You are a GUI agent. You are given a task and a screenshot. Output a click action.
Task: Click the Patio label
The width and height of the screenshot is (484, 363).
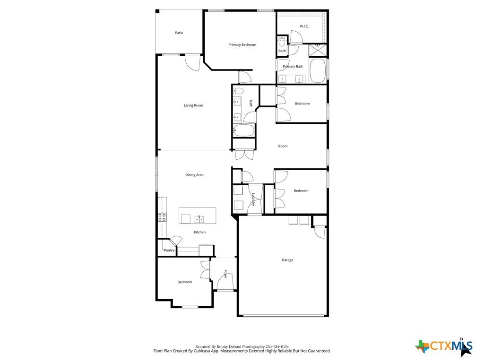pos(179,33)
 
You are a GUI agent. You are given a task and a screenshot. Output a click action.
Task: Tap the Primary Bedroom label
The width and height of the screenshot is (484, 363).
pos(242,45)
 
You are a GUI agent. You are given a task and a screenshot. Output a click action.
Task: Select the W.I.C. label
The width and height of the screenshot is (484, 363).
pos(304,26)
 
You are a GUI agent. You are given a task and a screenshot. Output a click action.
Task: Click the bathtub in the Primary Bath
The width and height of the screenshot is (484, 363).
pos(318,71)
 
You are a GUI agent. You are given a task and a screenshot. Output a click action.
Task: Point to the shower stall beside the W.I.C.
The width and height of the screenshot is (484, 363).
pos(318,50)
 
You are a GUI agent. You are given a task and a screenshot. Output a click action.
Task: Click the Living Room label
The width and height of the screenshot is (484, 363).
pos(193,105)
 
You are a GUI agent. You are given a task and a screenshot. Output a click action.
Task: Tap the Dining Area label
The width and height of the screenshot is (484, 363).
pos(194,175)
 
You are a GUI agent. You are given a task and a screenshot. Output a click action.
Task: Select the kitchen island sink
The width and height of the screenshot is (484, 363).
pos(199,219)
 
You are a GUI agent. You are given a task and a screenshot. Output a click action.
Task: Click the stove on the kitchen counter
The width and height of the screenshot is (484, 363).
pos(162,217)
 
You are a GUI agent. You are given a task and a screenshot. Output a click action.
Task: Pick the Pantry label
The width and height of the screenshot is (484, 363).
pos(169,251)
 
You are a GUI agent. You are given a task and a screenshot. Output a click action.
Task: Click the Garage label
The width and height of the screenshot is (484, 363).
pos(287,260)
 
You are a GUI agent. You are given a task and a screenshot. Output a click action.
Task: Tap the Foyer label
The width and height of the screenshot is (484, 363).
pos(225,274)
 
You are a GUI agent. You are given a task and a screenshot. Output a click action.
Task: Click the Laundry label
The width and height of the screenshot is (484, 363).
pos(253,199)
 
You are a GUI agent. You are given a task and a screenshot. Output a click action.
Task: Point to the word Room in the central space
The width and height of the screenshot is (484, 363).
pos(283,146)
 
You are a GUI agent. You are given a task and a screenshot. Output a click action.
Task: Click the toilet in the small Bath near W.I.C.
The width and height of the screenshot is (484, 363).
pos(282,41)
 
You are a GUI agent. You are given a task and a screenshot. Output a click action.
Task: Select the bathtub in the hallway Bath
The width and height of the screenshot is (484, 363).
pos(243,130)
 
